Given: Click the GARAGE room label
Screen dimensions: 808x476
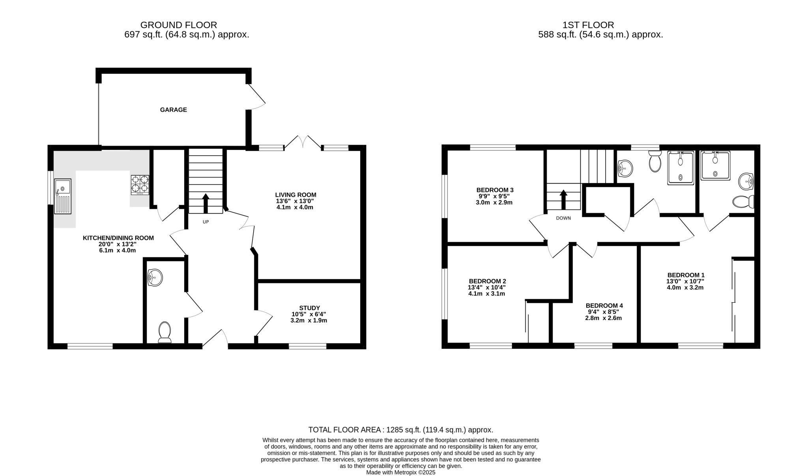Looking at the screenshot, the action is (x=173, y=110).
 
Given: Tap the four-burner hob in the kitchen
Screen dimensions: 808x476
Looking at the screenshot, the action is (x=140, y=185).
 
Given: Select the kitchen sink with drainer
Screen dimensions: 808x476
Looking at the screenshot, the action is (x=63, y=196).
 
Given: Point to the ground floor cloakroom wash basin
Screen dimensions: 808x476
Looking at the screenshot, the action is (x=155, y=278).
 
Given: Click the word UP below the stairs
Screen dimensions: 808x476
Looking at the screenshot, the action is (x=206, y=222).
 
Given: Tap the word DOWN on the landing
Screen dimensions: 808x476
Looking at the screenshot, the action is (x=563, y=218).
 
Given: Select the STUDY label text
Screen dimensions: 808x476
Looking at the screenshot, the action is (x=310, y=308).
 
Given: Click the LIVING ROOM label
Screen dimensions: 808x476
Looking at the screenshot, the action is (x=296, y=195).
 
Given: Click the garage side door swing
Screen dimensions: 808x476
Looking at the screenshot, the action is (x=256, y=97).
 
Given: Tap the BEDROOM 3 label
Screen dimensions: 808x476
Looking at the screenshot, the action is (x=495, y=190).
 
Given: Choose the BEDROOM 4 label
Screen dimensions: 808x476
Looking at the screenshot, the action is (x=604, y=305).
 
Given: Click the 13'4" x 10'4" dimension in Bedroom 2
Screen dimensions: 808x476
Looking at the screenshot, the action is (x=487, y=287).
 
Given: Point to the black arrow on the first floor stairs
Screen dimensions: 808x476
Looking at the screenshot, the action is (x=563, y=199).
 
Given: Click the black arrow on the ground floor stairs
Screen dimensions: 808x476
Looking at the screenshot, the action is (x=206, y=203).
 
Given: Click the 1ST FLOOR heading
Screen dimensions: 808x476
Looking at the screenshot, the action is (x=588, y=25).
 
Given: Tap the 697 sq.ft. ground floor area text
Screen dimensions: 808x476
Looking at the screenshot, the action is (x=187, y=35).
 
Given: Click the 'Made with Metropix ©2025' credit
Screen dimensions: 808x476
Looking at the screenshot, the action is (x=401, y=472).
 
